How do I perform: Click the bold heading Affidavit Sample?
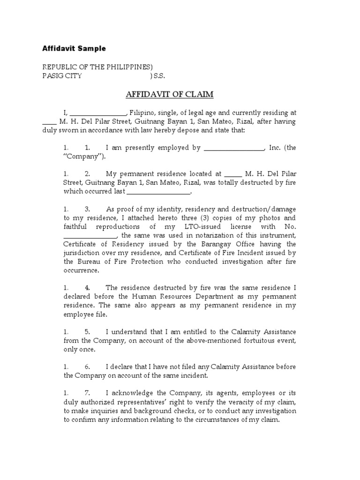click(74, 49)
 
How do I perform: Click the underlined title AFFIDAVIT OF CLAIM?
click(169, 95)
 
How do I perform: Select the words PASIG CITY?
click(62, 75)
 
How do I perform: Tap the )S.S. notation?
click(157, 75)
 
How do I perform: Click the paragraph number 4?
click(87, 288)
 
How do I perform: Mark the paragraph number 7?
click(87, 393)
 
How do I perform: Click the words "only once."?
click(79, 349)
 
